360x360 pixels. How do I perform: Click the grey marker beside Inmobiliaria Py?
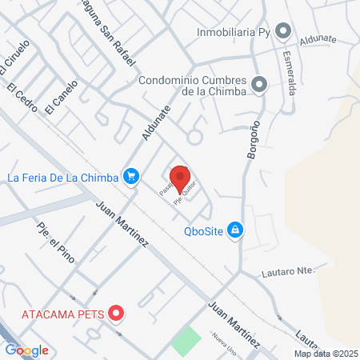[282, 31]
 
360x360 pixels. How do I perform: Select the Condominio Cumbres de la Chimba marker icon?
[258, 84]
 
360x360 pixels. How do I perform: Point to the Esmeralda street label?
[289, 73]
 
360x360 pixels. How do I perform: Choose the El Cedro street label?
[25, 104]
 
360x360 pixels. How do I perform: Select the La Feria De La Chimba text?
[63, 176]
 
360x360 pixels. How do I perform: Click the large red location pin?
[181, 177]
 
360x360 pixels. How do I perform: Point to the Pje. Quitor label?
[185, 195]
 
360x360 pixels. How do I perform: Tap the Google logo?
[27, 350]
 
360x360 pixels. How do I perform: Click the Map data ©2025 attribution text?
[326, 353]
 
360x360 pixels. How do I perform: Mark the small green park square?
[186, 342]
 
